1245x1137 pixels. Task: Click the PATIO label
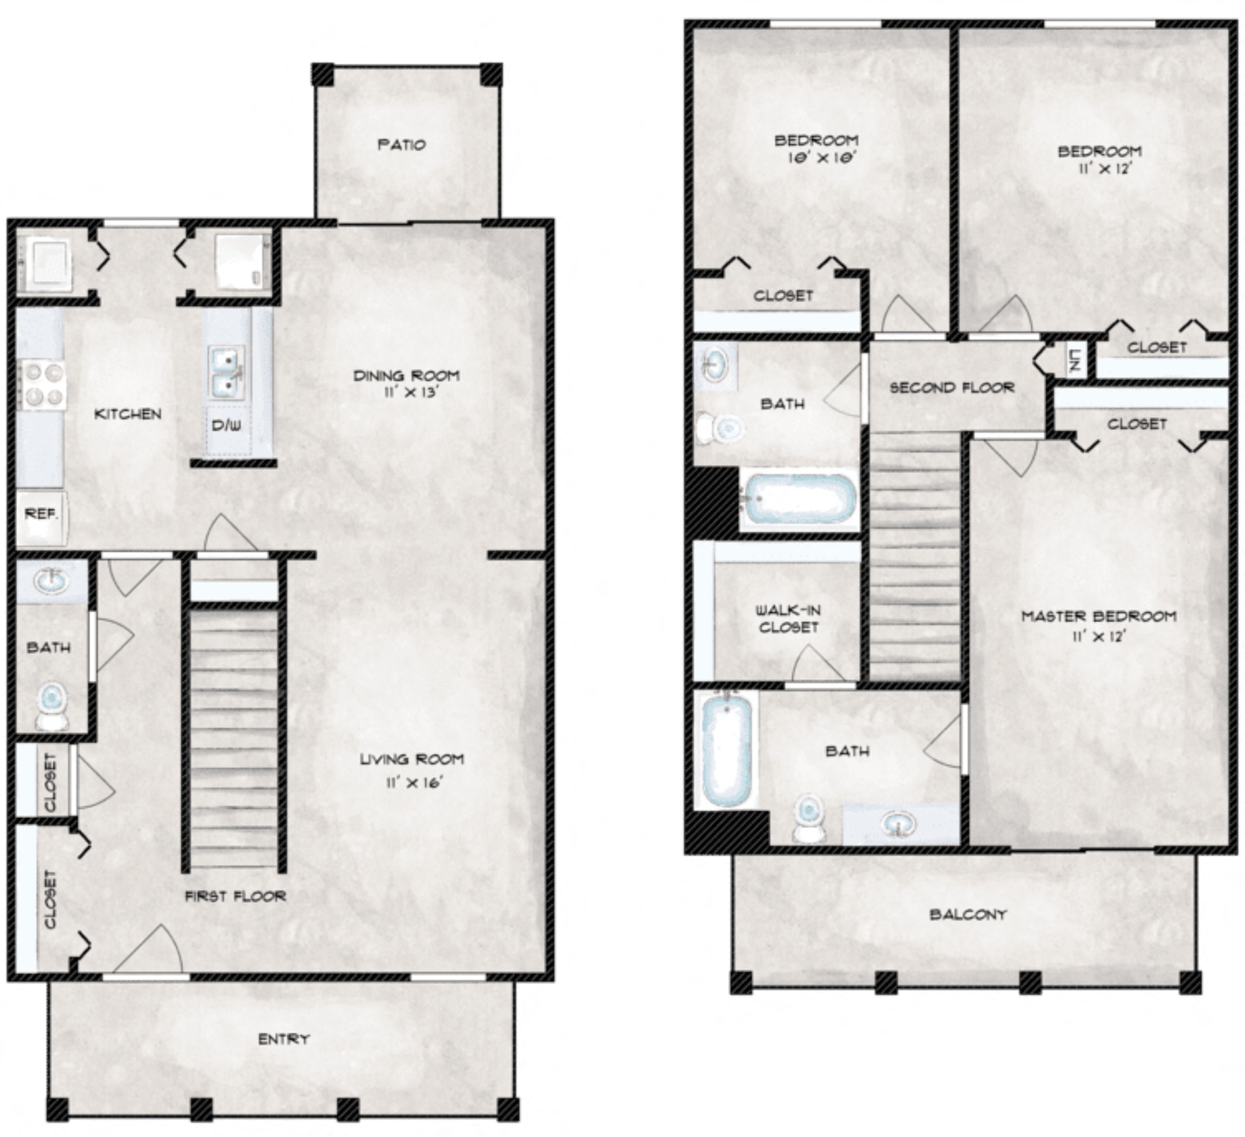click(x=402, y=145)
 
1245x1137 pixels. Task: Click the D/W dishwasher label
click(x=227, y=425)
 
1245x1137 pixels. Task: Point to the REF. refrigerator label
click(x=41, y=514)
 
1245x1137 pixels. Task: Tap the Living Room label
click(x=412, y=759)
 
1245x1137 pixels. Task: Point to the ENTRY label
click(x=283, y=1039)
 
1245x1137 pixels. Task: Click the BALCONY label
click(x=967, y=914)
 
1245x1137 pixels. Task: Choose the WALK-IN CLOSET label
click(x=789, y=619)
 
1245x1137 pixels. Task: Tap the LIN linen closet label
click(x=1074, y=361)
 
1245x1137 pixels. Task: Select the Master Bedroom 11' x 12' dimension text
click(x=1099, y=636)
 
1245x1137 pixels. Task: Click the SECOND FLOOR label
click(x=952, y=388)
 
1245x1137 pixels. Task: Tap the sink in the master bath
click(x=898, y=823)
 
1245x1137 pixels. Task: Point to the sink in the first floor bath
click(x=52, y=580)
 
